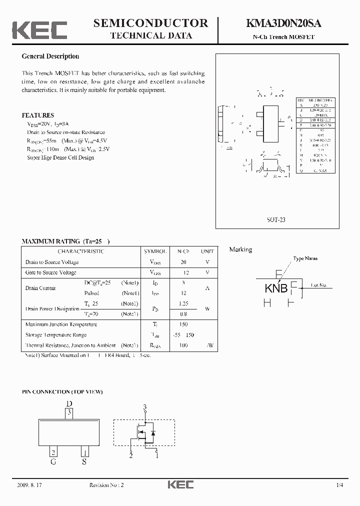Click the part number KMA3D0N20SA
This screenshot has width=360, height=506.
(283, 23)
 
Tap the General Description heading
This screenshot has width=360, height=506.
(50, 56)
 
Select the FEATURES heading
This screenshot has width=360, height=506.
(38, 115)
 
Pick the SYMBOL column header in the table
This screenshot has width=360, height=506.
(156, 251)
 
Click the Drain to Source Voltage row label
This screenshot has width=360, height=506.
(52, 262)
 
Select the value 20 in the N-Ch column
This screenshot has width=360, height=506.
(183, 262)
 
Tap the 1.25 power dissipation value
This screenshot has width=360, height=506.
(183, 303)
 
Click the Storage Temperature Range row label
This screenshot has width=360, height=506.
(56, 335)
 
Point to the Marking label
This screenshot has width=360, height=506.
(240, 249)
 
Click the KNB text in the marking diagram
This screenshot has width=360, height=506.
(276, 288)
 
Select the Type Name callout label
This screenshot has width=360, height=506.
(305, 258)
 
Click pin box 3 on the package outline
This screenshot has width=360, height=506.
(69, 412)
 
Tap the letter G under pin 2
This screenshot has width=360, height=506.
(52, 462)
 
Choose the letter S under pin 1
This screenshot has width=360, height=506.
(84, 462)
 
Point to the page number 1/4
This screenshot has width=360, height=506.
(340, 485)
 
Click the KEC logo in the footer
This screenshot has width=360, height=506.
(180, 484)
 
